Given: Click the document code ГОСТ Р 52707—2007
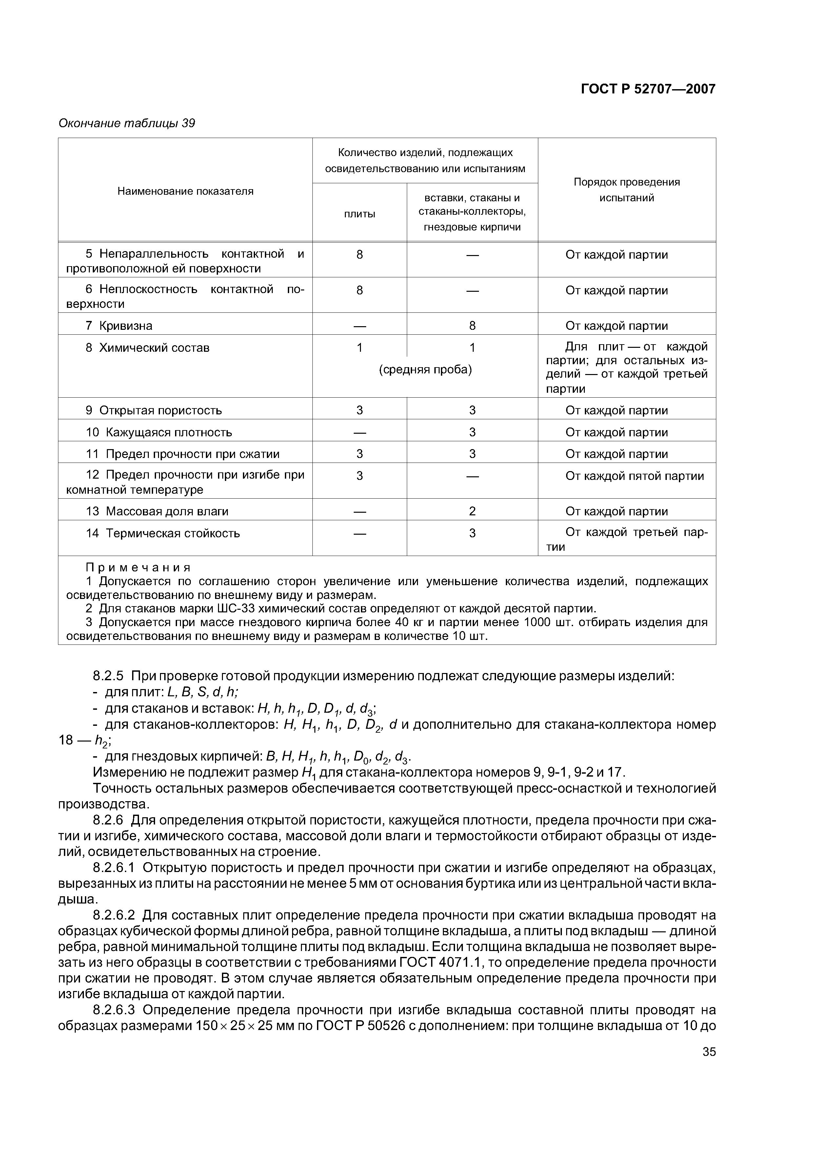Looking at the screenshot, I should coord(648,89).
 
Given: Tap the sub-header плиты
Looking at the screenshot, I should coord(359,214).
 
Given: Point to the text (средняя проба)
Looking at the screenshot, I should coord(425,370).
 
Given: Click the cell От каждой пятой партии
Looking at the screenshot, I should coord(634,476).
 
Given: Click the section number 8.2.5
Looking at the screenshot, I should coord(108,676).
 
